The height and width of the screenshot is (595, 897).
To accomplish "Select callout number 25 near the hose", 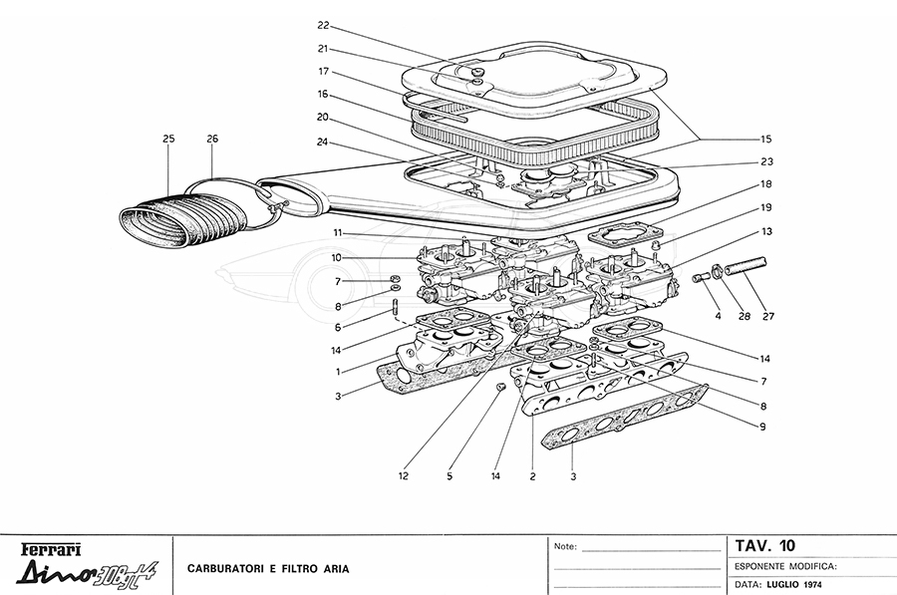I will [x=168, y=139].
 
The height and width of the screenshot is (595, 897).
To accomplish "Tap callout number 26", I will [x=211, y=139].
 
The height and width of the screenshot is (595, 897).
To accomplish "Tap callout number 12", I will [x=403, y=476].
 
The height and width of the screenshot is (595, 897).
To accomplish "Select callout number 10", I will [x=338, y=257].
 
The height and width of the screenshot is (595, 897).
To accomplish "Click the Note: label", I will [x=565, y=547].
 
